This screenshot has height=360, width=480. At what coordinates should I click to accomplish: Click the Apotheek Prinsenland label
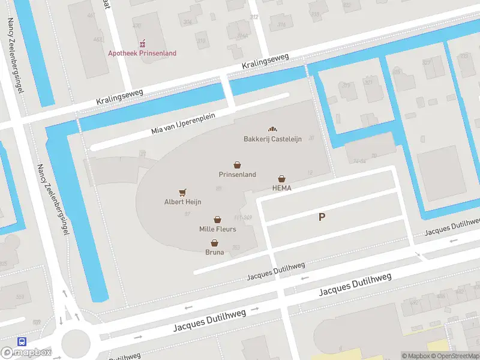[142, 53]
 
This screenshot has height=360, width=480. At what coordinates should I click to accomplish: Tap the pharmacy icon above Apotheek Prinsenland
[143, 44]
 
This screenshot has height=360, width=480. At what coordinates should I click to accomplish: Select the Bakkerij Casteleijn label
[268, 139]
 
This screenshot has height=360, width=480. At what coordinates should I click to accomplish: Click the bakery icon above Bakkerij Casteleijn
[272, 129]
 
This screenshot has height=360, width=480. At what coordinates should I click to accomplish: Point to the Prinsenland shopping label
[237, 175]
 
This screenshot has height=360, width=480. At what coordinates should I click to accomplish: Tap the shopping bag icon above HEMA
[281, 178]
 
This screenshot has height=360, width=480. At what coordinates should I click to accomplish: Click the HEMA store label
[281, 188]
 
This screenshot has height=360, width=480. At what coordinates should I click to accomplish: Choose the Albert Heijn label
[182, 202]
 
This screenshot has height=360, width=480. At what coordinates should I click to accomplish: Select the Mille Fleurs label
[217, 229]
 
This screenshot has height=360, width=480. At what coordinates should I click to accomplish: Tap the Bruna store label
[214, 252]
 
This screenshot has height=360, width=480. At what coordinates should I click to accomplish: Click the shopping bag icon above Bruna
[214, 243]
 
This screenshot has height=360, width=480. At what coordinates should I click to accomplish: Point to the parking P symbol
[322, 217]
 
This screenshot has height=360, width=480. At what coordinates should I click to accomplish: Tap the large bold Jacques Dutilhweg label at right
[355, 284]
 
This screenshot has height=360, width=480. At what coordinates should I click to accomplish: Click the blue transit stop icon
[22, 341]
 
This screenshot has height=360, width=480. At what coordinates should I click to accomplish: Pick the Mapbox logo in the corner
[26, 352]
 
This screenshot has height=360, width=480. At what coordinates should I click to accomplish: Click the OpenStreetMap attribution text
[455, 356]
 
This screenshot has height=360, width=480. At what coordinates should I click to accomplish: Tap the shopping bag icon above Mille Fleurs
[217, 220]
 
